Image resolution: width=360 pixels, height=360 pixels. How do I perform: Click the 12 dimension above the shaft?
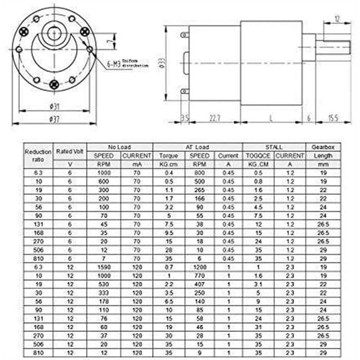pyautogui.click(x=337, y=19)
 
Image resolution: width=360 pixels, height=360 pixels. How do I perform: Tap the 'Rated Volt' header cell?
pyautogui.click(x=70, y=152)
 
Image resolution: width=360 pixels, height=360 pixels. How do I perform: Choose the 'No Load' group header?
pyautogui.click(x=119, y=147)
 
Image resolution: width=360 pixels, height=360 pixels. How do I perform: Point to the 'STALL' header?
pyautogui.click(x=274, y=147)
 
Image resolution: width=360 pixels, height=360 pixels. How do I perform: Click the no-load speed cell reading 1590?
pyautogui.click(x=103, y=268)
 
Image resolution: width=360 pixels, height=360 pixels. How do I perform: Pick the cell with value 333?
pyautogui.click(x=103, y=293)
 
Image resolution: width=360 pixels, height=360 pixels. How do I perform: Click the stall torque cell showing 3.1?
pyautogui.click(x=258, y=284)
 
